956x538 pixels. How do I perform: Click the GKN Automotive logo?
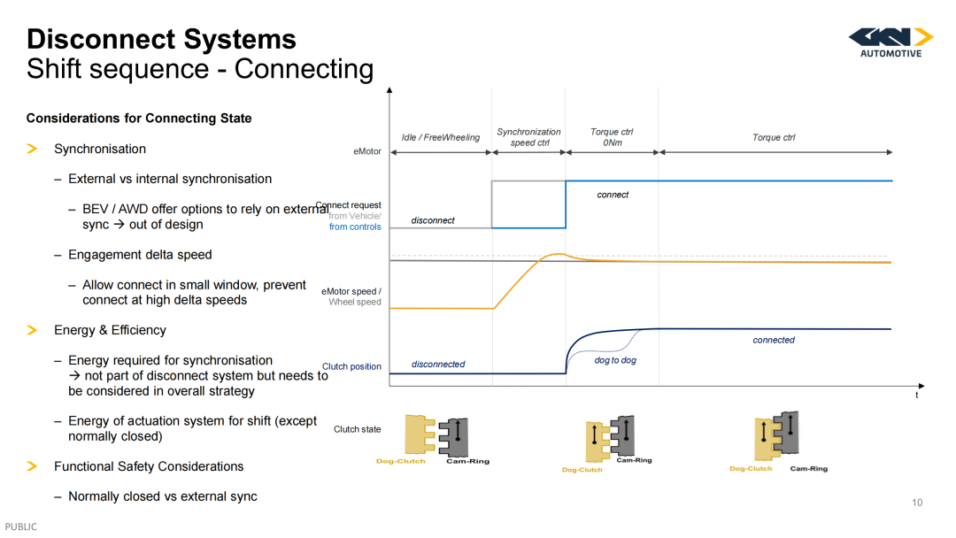click(x=890, y=42)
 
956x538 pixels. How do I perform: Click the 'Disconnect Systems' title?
click(x=162, y=39)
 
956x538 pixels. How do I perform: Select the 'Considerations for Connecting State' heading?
click(x=139, y=119)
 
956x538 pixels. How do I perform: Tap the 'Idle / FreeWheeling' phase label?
click(x=441, y=137)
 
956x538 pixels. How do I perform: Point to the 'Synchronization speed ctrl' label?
click(x=528, y=137)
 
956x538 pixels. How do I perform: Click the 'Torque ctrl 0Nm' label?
click(x=613, y=137)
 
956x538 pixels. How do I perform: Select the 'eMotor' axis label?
click(x=367, y=151)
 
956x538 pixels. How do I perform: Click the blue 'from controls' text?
click(x=355, y=227)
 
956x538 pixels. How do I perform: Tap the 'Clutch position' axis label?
click(x=351, y=366)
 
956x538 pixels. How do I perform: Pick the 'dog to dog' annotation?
click(x=615, y=360)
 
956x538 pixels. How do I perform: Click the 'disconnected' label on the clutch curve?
click(x=438, y=364)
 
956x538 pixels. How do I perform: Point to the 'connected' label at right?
click(x=774, y=340)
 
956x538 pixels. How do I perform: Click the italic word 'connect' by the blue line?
click(x=613, y=195)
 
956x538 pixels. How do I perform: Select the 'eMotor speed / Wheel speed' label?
click(x=351, y=296)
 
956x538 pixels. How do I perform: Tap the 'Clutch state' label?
click(x=358, y=429)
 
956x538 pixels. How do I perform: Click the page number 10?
click(x=917, y=503)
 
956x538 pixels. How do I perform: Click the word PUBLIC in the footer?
click(x=20, y=526)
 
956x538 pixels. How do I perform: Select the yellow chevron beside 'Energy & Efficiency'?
click(x=33, y=330)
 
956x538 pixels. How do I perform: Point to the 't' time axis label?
click(x=916, y=395)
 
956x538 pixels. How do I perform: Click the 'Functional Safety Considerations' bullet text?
click(x=149, y=466)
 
